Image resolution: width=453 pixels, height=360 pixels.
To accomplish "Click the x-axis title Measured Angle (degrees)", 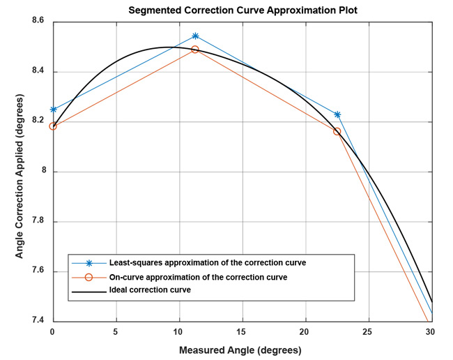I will click(x=240, y=350).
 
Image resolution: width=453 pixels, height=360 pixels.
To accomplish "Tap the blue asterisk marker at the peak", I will click(x=195, y=36).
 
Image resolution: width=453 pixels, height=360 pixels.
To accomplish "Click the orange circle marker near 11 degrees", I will click(x=195, y=50).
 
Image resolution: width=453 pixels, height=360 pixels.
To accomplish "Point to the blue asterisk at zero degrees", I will click(x=53, y=110).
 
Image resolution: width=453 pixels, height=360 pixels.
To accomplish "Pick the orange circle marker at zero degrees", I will click(x=53, y=126).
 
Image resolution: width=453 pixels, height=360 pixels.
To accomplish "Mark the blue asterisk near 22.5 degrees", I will click(x=337, y=114).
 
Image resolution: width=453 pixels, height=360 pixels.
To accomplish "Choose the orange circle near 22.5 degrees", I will click(x=337, y=131).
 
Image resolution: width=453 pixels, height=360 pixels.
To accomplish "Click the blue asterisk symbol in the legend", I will click(x=89, y=263).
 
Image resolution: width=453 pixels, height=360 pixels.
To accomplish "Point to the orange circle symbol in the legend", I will click(x=89, y=277).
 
